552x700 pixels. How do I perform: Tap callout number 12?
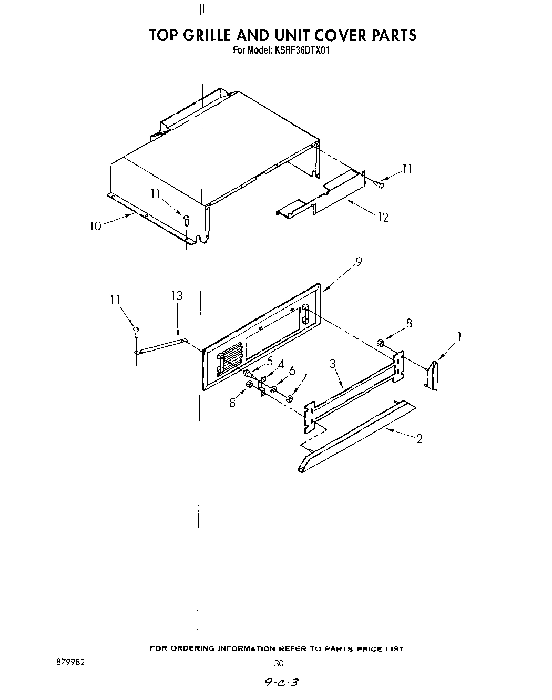[383, 217]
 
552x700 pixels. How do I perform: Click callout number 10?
[95, 226]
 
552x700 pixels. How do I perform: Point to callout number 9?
[359, 262]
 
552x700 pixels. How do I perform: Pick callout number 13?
[177, 296]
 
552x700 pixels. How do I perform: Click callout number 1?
[459, 336]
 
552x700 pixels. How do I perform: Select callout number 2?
[419, 439]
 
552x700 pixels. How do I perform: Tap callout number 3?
[333, 364]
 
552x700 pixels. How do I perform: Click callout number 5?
[270, 361]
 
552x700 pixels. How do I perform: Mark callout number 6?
[292, 370]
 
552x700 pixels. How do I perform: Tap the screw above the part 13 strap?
[136, 332]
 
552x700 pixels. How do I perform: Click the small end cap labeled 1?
[433, 375]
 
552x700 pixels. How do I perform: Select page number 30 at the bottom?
[279, 663]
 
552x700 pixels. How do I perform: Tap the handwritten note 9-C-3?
[282, 682]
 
